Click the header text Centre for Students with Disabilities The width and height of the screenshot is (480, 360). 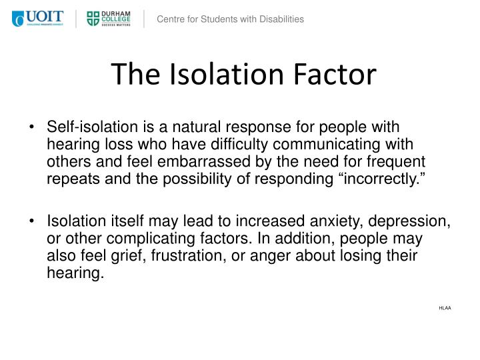230,19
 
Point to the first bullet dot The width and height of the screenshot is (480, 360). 35,127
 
